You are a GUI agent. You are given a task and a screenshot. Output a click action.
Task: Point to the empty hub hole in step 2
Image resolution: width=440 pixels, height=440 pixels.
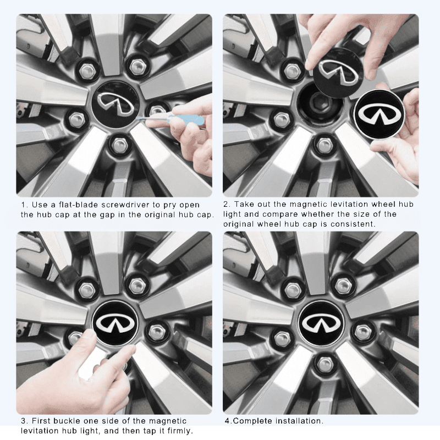coord(320,105)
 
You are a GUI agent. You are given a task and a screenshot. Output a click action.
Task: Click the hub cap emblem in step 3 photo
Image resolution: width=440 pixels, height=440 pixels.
coord(115,322)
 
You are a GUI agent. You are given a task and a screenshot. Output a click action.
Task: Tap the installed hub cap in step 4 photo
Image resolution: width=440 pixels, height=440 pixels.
coord(321,323)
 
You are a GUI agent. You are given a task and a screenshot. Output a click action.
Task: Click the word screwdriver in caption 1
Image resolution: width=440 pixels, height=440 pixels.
coord(129,205)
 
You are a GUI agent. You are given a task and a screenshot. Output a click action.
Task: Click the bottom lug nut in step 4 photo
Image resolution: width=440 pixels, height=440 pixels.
coord(325,363)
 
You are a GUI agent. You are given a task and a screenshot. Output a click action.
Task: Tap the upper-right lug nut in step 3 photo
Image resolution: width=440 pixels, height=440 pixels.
coord(137,285)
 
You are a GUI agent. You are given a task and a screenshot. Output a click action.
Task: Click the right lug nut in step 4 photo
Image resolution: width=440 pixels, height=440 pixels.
coord(362,332)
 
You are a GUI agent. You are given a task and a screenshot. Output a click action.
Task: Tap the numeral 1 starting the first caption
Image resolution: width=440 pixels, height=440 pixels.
coord(23,205)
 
